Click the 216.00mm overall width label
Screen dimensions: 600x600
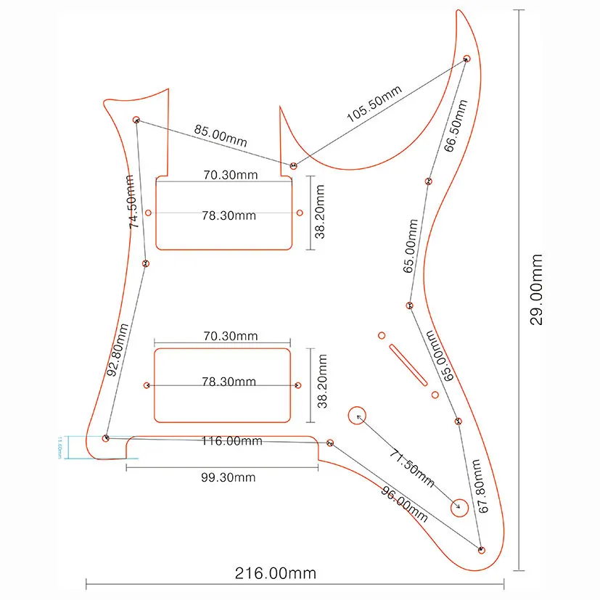(x=275, y=573)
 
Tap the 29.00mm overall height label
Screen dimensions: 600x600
(x=535, y=289)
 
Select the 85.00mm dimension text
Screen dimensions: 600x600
(x=221, y=136)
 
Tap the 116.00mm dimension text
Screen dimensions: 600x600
(x=232, y=441)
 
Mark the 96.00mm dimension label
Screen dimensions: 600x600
(x=404, y=501)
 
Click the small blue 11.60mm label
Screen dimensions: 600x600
(x=57, y=446)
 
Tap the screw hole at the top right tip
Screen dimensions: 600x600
(x=467, y=58)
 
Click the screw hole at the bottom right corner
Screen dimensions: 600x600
(x=481, y=549)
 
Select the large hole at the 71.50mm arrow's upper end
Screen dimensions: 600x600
(x=357, y=416)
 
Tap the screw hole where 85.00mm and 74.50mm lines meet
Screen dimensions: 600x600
(x=136, y=120)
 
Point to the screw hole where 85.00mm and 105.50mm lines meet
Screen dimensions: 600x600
(x=293, y=166)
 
